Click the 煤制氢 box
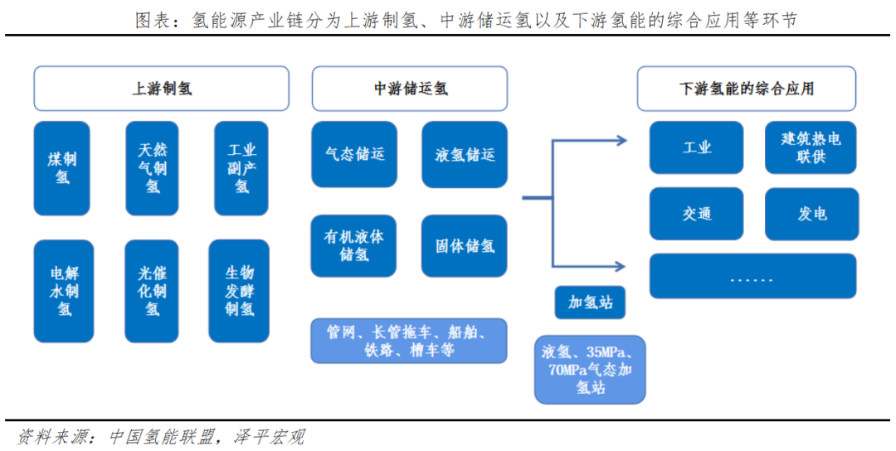(61, 168)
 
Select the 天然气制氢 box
(152, 168)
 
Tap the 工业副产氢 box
(241, 168)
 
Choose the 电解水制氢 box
(63, 291)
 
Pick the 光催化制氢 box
(152, 291)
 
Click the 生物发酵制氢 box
(239, 291)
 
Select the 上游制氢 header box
(162, 89)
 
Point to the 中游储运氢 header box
(410, 89)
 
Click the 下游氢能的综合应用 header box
(747, 89)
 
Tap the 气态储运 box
(354, 154)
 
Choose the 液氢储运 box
(465, 154)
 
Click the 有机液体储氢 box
(353, 246)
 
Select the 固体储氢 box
(464, 246)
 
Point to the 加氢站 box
(590, 303)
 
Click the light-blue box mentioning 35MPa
(590, 370)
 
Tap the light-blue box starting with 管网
(408, 341)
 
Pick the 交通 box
(697, 214)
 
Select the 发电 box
(812, 214)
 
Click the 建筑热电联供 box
(811, 148)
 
